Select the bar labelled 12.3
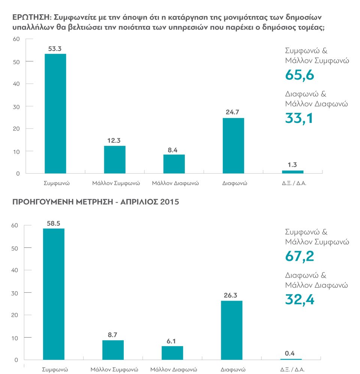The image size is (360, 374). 115,160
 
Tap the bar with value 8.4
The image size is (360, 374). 174,164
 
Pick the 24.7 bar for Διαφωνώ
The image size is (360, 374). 233,146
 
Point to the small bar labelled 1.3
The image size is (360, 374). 292,172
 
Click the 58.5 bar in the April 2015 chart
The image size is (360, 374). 54,294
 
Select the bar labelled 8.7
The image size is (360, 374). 113,350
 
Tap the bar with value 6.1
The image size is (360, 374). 172,353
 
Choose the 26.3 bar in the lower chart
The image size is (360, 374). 231,330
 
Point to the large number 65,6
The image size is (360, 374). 299,75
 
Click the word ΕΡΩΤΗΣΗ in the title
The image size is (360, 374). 30,18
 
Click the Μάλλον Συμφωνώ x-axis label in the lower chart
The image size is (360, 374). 114,370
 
